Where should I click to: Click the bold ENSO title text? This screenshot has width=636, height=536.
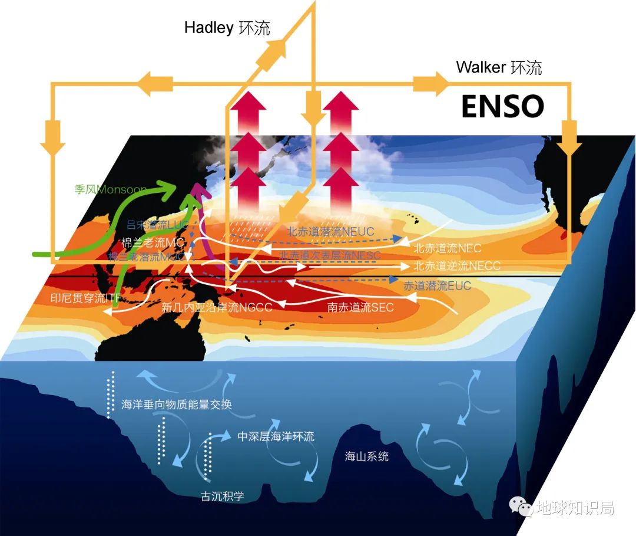[x=502, y=106]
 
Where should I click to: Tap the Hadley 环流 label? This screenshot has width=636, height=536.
[x=227, y=28]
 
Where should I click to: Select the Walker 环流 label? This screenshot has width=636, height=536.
[x=499, y=67]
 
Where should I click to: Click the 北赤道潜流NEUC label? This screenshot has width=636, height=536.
[x=330, y=232]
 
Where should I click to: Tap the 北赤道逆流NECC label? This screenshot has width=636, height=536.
[x=457, y=266]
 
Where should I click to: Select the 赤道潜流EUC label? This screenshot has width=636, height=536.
[x=437, y=285]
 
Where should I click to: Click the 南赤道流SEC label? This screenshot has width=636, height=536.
[x=360, y=307]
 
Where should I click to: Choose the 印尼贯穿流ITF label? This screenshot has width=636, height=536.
[x=86, y=298]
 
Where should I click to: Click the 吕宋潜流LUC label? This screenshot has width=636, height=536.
[x=156, y=225]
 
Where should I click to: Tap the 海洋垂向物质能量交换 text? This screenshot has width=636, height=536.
[x=177, y=405]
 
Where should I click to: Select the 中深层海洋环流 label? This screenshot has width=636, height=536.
[x=276, y=437]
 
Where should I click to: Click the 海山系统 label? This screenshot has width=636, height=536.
[x=366, y=456]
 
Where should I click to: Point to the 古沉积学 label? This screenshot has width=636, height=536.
[x=222, y=496]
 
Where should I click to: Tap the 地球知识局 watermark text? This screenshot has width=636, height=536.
[x=575, y=507]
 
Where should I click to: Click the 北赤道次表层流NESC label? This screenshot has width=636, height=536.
[x=330, y=255]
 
